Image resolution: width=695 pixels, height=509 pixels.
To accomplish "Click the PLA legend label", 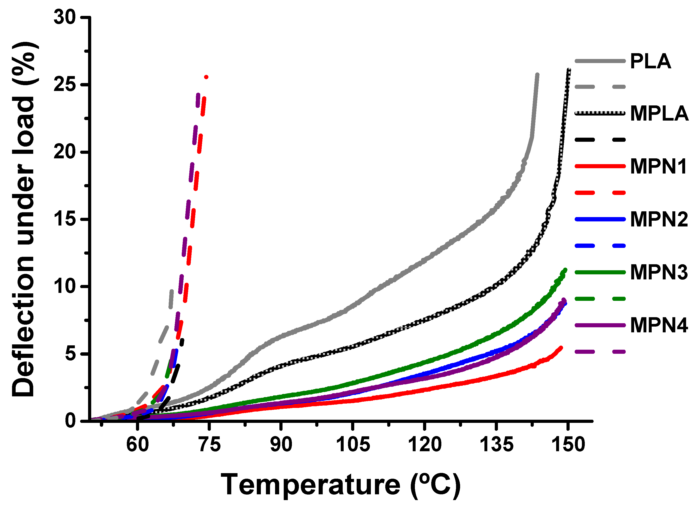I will (x=650, y=61).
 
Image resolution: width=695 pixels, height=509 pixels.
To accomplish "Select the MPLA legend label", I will (x=659, y=114).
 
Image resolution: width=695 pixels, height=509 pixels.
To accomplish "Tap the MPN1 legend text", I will (x=658, y=167).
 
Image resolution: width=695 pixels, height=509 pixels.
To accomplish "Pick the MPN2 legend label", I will (x=659, y=219).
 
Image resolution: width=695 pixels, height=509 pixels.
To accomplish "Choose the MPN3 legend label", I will (x=659, y=272).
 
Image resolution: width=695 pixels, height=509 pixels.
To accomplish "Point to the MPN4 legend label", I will (x=659, y=325).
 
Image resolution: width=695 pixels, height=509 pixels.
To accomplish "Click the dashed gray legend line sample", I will (x=600, y=87).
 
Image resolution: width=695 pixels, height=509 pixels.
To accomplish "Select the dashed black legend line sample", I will (x=600, y=140).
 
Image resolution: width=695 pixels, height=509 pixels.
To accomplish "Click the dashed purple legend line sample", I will (x=600, y=352).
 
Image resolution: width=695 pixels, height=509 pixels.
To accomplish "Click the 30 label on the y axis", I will (x=65, y=17).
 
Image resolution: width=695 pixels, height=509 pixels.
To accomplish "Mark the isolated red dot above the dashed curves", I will (x=206, y=77).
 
